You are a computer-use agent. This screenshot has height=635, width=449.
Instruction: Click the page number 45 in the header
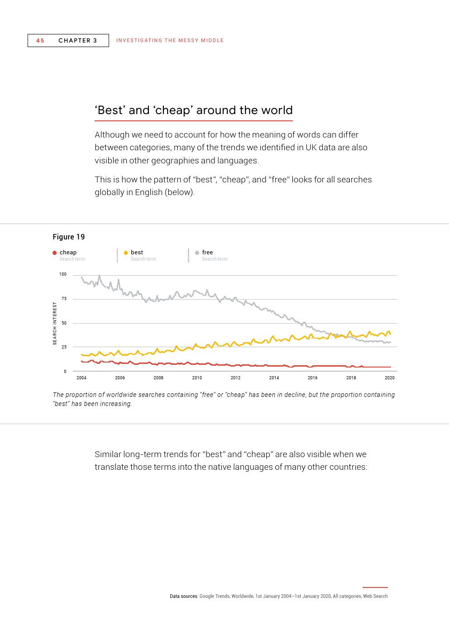(40, 41)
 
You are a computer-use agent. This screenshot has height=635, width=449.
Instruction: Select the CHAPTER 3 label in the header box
(78, 41)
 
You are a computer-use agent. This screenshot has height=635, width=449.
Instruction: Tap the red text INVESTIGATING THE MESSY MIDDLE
(170, 40)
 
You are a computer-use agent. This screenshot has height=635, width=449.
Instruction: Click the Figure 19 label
(69, 237)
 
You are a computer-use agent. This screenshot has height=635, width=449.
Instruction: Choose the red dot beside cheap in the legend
(55, 253)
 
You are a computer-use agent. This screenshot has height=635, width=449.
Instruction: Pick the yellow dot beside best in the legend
(126, 253)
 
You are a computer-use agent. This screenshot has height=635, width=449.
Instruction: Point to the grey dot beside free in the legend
(197, 253)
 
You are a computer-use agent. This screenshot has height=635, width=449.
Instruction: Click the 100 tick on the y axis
(63, 274)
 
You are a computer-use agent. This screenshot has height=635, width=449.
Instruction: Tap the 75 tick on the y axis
(64, 299)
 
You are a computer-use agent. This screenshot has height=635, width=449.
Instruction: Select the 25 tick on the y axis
(64, 347)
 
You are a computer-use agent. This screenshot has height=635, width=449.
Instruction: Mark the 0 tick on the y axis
(65, 372)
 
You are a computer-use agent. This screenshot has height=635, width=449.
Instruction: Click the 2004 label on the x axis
(81, 377)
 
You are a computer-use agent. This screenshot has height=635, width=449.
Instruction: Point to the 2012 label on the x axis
(235, 377)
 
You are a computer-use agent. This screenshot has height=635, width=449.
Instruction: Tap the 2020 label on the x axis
(390, 377)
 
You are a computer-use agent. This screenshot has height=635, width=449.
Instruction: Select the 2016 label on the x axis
(313, 377)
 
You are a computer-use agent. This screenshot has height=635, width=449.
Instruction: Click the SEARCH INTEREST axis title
(55, 324)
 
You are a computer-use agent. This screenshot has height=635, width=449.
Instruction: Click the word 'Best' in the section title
(110, 110)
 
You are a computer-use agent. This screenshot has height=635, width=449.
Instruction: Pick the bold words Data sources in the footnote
(183, 596)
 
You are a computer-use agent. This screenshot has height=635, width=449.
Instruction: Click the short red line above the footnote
(375, 587)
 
